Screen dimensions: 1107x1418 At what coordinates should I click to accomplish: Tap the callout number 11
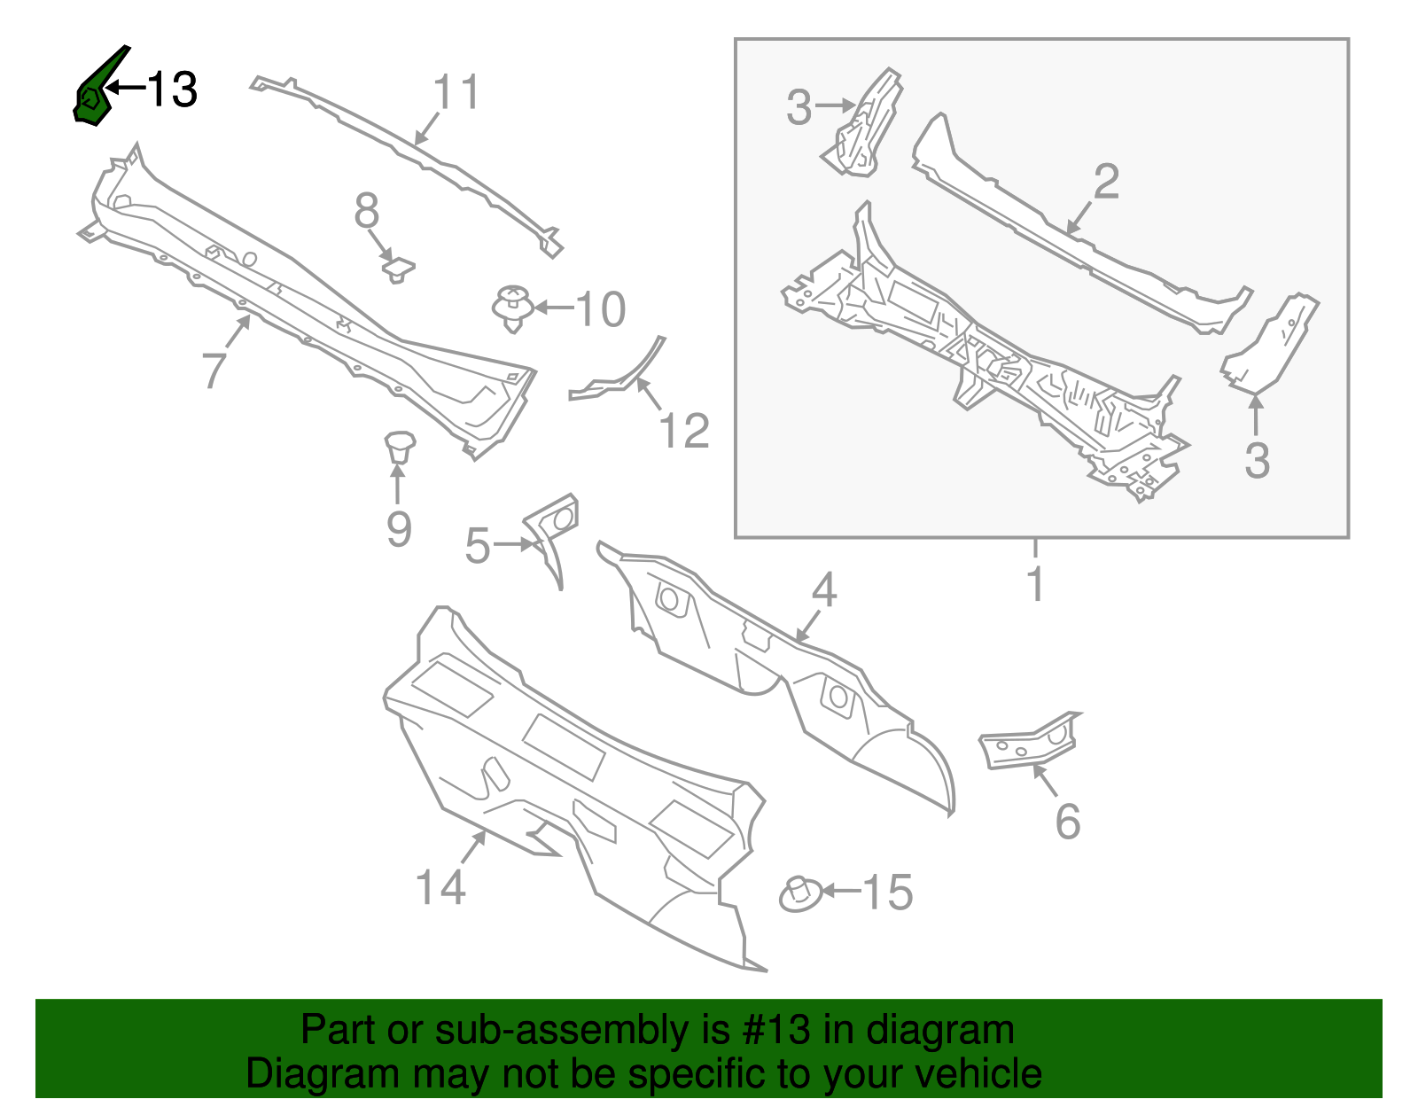(456, 92)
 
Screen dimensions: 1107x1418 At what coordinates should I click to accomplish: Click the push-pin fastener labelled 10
(512, 307)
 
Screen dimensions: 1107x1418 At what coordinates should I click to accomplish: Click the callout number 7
(214, 370)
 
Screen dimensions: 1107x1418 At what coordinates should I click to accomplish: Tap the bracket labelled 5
(554, 532)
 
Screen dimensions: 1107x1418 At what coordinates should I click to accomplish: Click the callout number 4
(824, 590)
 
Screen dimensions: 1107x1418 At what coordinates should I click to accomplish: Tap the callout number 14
(440, 887)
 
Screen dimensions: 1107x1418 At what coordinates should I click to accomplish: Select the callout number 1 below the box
(1035, 584)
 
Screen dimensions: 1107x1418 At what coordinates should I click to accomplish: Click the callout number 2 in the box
(1106, 182)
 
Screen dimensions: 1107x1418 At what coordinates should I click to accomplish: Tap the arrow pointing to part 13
(125, 87)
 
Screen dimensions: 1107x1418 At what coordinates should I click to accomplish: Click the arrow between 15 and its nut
(840, 891)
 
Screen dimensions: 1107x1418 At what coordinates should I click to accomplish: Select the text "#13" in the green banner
(772, 1031)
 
